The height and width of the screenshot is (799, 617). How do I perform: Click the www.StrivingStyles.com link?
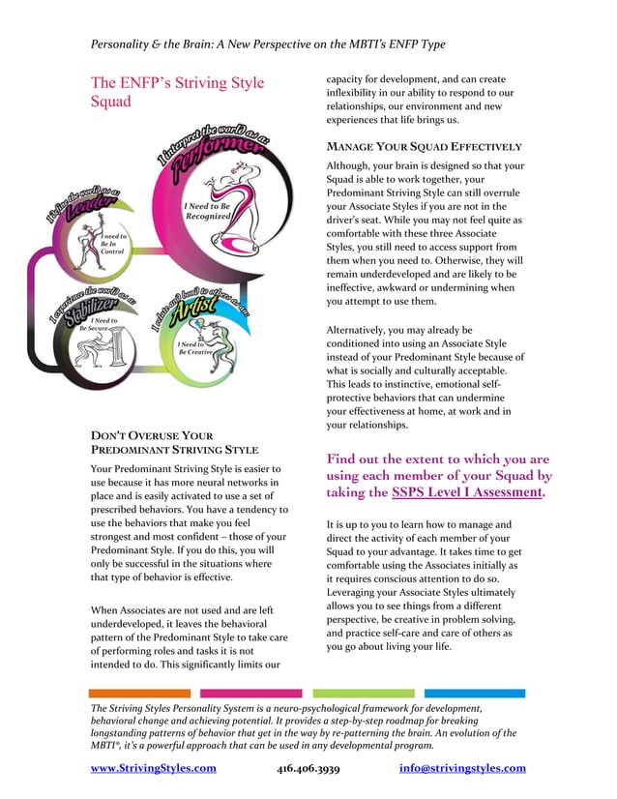click(153, 768)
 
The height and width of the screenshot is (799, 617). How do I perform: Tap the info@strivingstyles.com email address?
click(462, 768)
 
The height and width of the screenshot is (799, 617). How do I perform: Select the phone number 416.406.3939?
click(308, 768)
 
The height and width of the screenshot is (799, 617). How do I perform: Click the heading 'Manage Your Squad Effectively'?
click(425, 147)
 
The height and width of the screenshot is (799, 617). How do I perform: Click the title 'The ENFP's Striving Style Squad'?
click(177, 93)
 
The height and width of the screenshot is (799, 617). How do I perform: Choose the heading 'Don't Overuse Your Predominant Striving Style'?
click(174, 443)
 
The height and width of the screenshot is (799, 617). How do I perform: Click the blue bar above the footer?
click(474, 694)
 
